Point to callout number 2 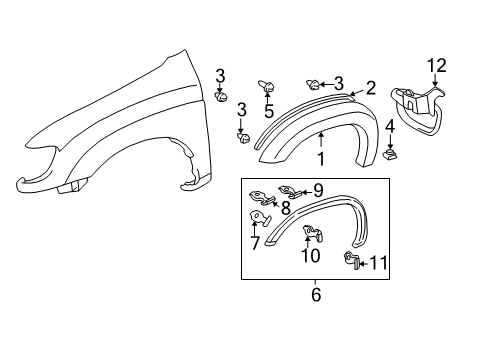coord(370,89)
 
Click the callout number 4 coord(389,127)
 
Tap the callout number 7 coord(255,243)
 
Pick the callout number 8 coord(285,209)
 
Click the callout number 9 coord(318,188)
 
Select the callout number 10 coord(311,255)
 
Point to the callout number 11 coord(377,264)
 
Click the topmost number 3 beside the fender coord(221,74)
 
